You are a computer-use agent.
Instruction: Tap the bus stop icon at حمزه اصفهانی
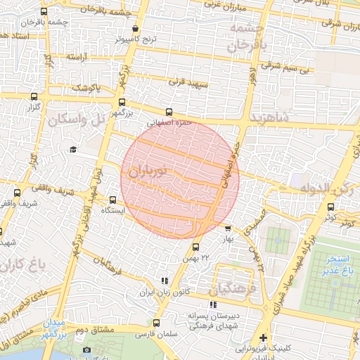pos(169,112)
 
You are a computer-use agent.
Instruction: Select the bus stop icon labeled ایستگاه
pos(113,199)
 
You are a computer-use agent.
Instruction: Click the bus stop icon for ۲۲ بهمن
pos(195,247)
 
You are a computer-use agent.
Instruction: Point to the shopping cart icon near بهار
pos(227,228)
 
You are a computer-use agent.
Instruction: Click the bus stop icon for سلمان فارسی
pos(155,323)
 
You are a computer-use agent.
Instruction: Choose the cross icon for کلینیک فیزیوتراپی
pos(264,337)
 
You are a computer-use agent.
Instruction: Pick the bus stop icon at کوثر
pos(330,207)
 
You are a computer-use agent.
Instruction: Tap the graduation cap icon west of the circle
pos(73,150)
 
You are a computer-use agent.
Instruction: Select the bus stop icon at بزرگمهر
pos(122,102)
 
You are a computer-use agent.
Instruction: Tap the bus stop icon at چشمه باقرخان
pos(44,12)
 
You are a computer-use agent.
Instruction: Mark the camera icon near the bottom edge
pos(86,350)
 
